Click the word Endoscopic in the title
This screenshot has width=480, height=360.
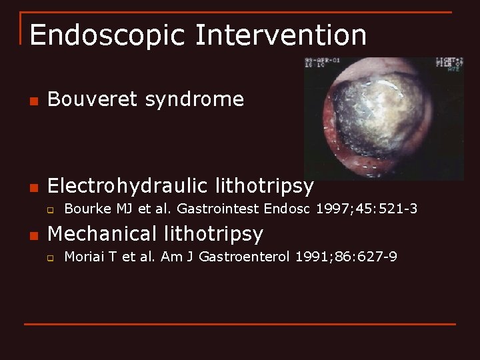pos(107,35)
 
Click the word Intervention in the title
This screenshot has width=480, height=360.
pos(280,35)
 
